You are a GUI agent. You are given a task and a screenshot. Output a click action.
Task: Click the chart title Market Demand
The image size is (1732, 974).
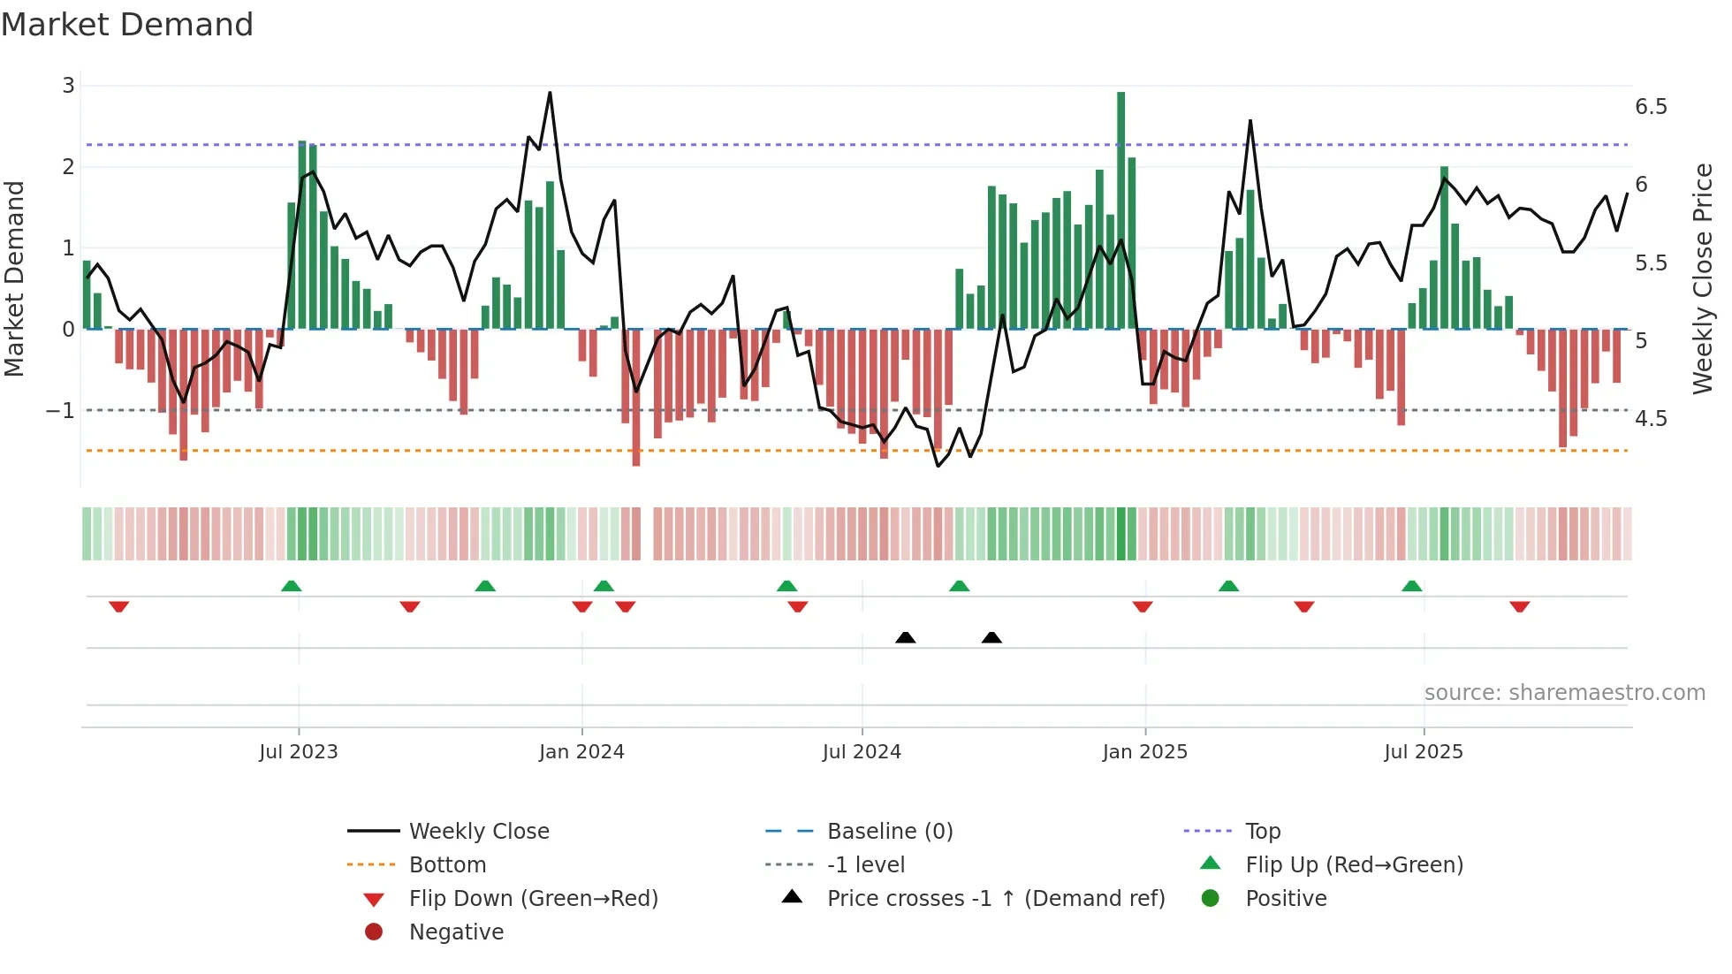tap(127, 25)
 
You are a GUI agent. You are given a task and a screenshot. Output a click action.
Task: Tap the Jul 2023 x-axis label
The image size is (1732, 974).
tap(299, 752)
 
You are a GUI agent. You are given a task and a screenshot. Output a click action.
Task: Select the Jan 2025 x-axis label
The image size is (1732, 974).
tap(1144, 752)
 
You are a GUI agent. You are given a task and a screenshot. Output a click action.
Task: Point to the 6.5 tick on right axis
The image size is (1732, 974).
tap(1650, 107)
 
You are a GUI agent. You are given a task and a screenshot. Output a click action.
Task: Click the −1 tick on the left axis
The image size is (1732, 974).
tap(60, 411)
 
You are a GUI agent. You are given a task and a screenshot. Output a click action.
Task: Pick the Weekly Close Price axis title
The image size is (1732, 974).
tap(1702, 278)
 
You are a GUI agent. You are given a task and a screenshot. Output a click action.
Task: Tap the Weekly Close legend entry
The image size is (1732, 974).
tap(478, 832)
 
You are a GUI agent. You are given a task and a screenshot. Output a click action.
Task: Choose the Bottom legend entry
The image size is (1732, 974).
tap(447, 865)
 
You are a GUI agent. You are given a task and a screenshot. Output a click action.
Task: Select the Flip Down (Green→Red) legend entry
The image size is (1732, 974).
tap(533, 899)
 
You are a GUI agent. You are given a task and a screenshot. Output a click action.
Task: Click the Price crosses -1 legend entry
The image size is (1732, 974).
tap(995, 899)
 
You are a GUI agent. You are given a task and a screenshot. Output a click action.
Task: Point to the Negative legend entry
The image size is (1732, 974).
tap(456, 932)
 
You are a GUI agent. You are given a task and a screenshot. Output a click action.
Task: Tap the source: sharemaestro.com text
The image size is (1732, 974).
tap(1564, 693)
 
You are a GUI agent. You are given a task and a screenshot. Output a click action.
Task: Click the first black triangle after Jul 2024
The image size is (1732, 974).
tap(905, 637)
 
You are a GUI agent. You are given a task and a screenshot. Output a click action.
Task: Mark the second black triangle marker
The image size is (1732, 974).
tap(991, 637)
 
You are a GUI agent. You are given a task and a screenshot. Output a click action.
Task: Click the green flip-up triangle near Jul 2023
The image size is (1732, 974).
tap(291, 586)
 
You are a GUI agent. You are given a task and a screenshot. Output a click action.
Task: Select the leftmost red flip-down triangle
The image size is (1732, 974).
tap(119, 606)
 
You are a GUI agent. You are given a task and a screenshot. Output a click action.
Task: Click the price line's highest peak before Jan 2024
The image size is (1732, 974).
tap(550, 93)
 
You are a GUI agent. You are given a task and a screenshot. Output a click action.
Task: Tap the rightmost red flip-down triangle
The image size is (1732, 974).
tap(1519, 606)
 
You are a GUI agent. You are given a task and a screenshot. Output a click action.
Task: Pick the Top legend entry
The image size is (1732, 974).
tap(1262, 832)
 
